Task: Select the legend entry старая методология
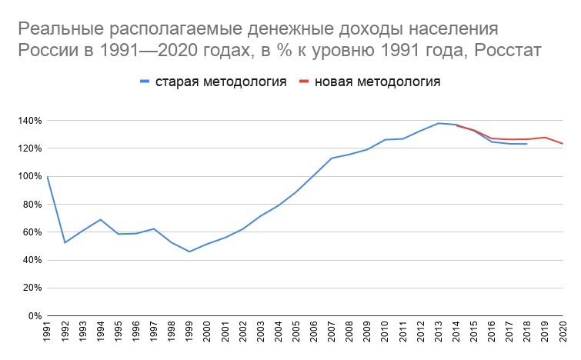(221, 82)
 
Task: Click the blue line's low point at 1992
(65, 243)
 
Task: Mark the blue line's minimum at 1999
(189, 252)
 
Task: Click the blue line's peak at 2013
(439, 123)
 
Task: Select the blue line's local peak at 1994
(101, 219)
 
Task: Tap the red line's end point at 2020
(563, 144)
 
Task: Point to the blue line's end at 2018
(527, 144)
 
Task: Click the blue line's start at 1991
(48, 177)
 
